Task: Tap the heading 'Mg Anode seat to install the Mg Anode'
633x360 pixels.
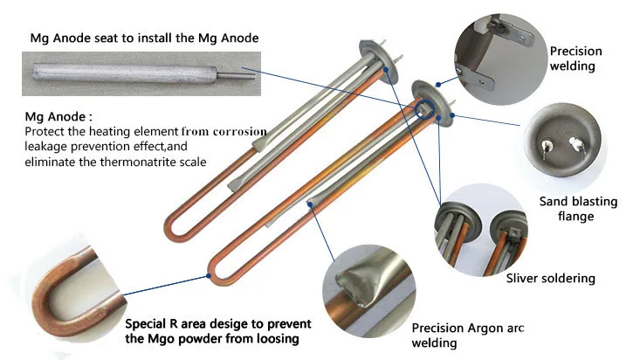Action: click(145, 38)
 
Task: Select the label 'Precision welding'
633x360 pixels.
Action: click(575, 58)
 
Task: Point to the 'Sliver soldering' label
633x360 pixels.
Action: click(551, 279)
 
